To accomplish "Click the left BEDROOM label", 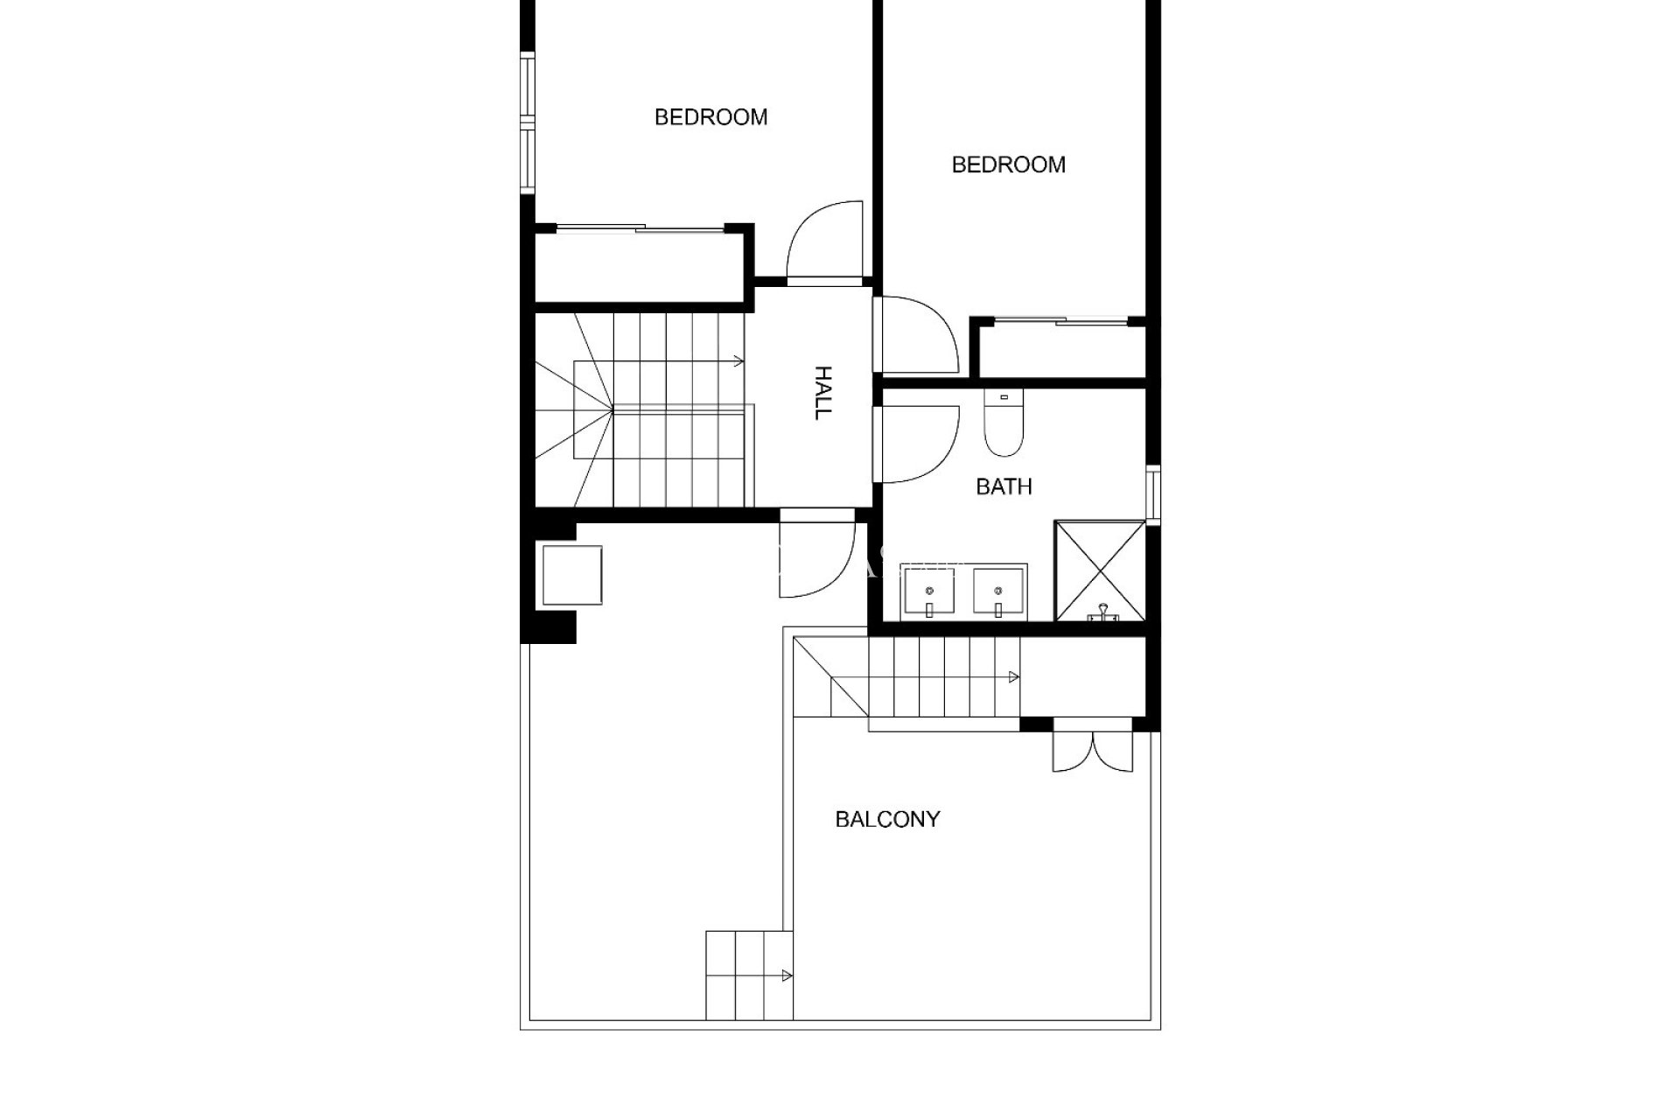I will (710, 117).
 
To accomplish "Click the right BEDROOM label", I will (1008, 164).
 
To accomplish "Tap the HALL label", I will (822, 393).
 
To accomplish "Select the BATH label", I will (1004, 486).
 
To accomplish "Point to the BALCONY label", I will (887, 820).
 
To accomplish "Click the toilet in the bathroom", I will (1003, 425).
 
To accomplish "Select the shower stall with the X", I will (1100, 570).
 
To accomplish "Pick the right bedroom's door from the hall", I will (917, 335).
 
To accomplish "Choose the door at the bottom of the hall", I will (816, 555).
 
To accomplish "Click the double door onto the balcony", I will (1092, 749).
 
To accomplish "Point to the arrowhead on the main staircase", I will (739, 360).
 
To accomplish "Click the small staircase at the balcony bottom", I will (749, 987).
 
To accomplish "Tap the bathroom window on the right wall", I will (1153, 495).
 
